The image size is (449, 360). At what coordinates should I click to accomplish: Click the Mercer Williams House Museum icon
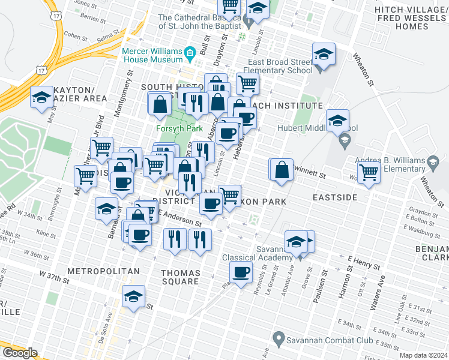pyautogui.click(x=190, y=53)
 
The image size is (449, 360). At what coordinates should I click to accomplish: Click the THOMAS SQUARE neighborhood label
pyautogui.click(x=180, y=277)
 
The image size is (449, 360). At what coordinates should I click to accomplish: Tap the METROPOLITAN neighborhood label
pyautogui.click(x=103, y=271)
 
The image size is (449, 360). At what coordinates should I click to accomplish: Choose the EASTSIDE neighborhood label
pyautogui.click(x=334, y=197)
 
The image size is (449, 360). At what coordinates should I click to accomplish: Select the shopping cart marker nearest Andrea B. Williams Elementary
pyautogui.click(x=369, y=172)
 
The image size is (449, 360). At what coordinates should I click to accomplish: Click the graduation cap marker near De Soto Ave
pyautogui.click(x=133, y=296)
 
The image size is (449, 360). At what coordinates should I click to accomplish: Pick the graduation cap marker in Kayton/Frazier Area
pyautogui.click(x=41, y=97)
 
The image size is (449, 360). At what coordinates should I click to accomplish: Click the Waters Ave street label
pyautogui.click(x=378, y=295)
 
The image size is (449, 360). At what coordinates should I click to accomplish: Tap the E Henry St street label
pyautogui.click(x=363, y=262)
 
